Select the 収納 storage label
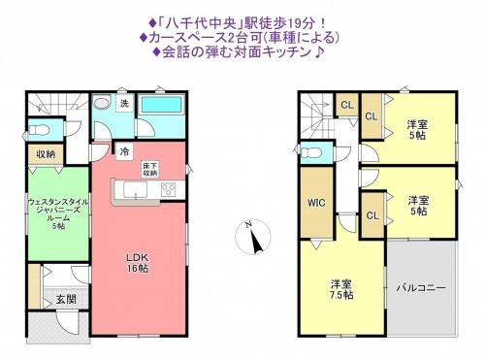click(46, 153)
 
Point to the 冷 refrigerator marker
click(125, 150)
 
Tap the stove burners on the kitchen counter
click(165, 189)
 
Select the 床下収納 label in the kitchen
click(152, 168)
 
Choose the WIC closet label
click(315, 204)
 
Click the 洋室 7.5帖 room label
click(340, 289)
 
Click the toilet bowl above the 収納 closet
click(37, 129)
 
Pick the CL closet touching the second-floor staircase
click(346, 105)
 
